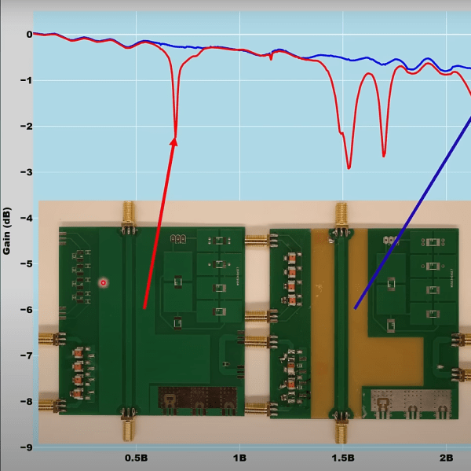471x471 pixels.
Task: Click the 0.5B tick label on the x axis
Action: click(x=137, y=458)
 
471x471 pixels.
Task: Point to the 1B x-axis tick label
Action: click(x=239, y=458)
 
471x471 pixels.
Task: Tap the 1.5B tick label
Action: click(x=343, y=458)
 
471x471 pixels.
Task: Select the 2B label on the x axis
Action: click(x=446, y=458)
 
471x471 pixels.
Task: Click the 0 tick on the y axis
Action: click(x=29, y=35)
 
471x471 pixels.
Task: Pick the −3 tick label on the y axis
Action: click(x=27, y=172)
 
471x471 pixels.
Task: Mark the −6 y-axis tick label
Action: click(x=27, y=310)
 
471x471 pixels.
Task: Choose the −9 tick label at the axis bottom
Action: click(x=27, y=447)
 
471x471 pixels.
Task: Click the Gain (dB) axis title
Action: click(x=6, y=231)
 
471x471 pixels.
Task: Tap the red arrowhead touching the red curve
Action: click(x=174, y=142)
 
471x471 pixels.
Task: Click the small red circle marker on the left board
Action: click(x=104, y=282)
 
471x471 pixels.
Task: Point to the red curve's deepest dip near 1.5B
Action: click(x=349, y=168)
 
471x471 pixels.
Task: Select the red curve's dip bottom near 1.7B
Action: click(x=384, y=156)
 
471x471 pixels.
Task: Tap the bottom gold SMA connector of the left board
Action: click(x=129, y=425)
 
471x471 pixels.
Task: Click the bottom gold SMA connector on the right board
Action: click(x=341, y=428)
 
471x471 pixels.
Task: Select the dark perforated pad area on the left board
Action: click(x=197, y=397)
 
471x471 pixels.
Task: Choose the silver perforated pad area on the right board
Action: click(x=411, y=400)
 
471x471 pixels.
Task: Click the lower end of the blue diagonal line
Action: click(x=355, y=308)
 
